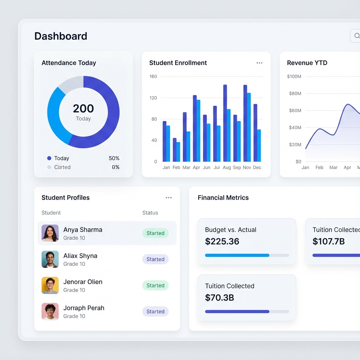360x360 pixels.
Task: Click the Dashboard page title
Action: (61, 36)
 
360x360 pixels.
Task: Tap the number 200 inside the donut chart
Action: (83, 108)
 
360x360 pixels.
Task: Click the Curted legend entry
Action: (62, 167)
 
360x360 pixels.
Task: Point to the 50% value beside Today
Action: (114, 158)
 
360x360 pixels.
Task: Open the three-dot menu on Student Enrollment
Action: (259, 63)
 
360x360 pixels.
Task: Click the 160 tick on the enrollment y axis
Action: (153, 76)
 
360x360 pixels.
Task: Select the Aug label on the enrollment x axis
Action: (227, 168)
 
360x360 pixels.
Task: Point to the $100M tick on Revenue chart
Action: (294, 76)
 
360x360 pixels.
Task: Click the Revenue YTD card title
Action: (307, 63)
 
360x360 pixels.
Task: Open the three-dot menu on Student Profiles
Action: (169, 198)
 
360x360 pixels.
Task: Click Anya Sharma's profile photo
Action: (50, 233)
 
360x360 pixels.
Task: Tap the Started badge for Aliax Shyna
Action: (155, 259)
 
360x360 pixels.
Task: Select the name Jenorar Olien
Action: (83, 282)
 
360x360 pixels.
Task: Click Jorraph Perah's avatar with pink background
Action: (50, 311)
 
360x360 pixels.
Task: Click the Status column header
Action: (150, 213)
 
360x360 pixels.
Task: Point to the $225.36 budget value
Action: (222, 242)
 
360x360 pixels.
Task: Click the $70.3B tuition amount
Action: (219, 298)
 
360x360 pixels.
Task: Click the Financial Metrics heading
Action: (223, 198)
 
